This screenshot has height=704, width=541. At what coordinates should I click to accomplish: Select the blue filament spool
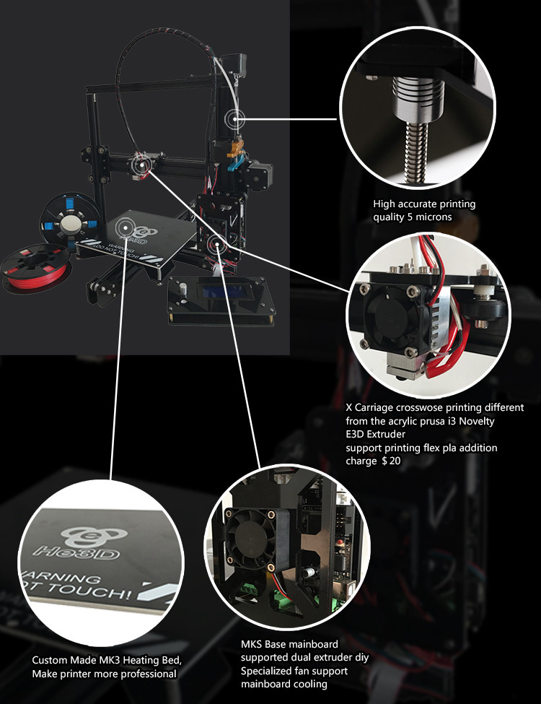[69, 222]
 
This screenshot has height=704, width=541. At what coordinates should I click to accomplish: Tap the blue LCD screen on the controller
[222, 292]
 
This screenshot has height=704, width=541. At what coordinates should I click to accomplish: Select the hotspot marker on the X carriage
[141, 165]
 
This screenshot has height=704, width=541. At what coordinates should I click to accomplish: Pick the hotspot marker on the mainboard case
[216, 244]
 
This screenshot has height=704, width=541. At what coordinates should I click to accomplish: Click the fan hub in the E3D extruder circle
[390, 318]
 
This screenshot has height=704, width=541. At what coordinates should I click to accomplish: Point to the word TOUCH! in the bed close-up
[91, 591]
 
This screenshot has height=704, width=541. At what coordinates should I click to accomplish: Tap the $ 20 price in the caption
[391, 461]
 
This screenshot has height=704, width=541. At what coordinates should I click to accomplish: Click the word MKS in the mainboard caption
[252, 644]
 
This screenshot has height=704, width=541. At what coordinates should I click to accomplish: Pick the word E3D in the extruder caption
[355, 434]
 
